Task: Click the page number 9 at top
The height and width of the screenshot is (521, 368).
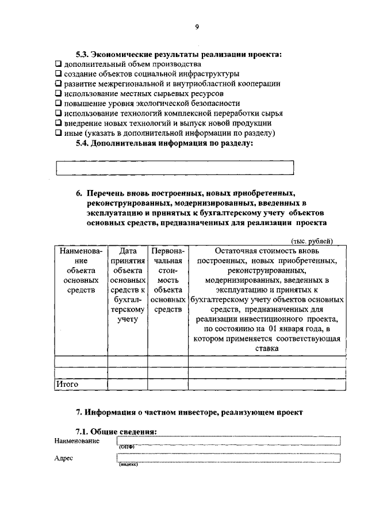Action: pos(197,27)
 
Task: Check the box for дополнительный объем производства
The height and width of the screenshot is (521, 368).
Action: pos(58,64)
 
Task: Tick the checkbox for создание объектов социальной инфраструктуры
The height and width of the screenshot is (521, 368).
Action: pos(58,74)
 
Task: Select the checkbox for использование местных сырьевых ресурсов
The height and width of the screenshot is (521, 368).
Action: pos(58,93)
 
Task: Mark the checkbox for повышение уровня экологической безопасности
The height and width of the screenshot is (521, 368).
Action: pos(58,103)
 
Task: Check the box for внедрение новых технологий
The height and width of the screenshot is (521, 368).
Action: pos(58,123)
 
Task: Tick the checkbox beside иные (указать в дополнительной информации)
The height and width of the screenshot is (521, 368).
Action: pos(58,132)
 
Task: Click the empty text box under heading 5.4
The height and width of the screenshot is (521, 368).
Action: pos(174,167)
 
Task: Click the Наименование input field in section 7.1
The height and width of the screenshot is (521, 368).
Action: pos(229,441)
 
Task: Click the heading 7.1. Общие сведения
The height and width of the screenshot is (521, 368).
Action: pos(117,431)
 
